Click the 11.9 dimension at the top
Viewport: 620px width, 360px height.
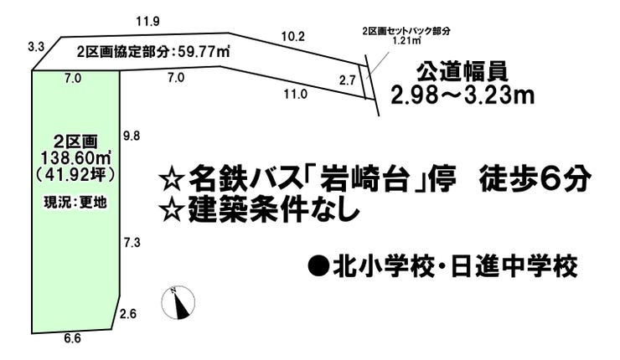click(148, 21)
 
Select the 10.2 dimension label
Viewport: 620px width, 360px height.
click(293, 37)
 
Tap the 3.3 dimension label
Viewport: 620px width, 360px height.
click(35, 48)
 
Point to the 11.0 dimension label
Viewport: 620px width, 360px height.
click(296, 94)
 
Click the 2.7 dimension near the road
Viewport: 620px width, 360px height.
click(348, 80)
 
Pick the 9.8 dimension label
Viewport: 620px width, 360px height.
click(132, 136)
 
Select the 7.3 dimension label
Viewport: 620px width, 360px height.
click(132, 243)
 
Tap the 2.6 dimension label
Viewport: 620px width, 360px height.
click(128, 314)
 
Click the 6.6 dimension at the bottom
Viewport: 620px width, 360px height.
click(72, 338)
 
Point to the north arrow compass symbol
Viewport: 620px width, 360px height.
click(178, 302)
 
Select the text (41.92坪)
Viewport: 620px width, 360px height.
click(75, 175)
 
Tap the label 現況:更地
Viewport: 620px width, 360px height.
click(75, 203)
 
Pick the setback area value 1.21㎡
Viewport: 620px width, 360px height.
click(406, 40)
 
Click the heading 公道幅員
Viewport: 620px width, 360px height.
click(462, 73)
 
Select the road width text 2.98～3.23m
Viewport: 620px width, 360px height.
click(462, 95)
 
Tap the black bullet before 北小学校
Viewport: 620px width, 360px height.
click(318, 265)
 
